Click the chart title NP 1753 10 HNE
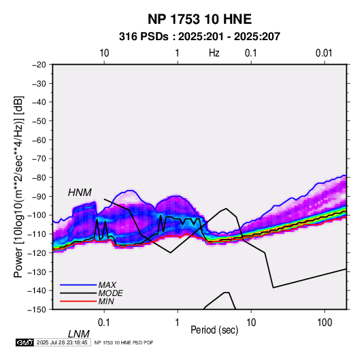pos(199,19)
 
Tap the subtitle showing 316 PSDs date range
pos(199,37)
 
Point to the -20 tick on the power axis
pos(39,65)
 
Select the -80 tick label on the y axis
pos(39,178)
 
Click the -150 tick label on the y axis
pos(37,310)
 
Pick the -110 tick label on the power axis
pos(37,234)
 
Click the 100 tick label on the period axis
pos(325,323)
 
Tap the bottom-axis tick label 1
pos(178,323)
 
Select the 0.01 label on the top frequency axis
pos(324,53)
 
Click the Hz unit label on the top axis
pos(214,53)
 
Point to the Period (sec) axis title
pos(214,330)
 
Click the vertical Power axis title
pos(18,186)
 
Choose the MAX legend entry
pos(107,285)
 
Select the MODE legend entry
pos(110,293)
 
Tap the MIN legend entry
pos(106,301)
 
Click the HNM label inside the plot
pos(80,193)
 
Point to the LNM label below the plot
pos(79,334)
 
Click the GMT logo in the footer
pos(25,342)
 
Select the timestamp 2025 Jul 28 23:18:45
pos(62,342)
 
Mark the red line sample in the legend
pos(78,301)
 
